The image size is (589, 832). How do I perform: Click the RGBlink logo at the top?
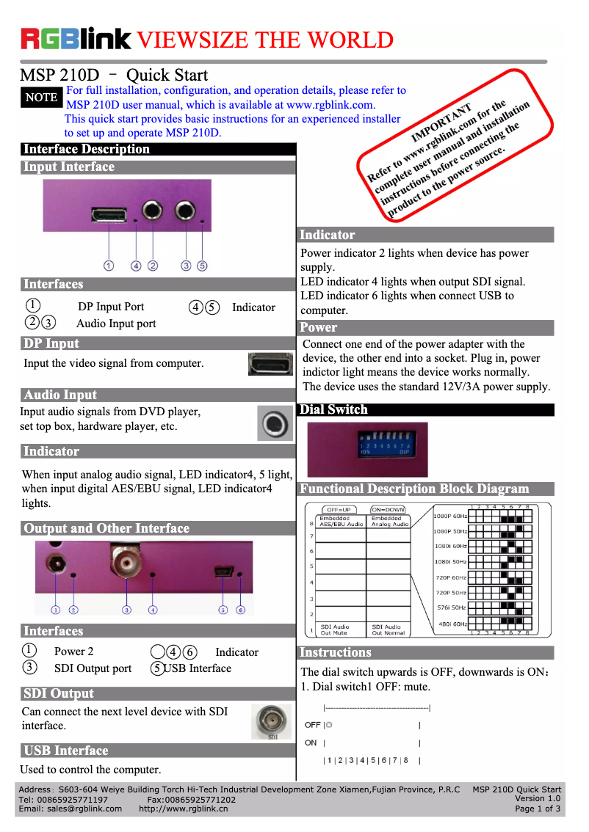pos(76,38)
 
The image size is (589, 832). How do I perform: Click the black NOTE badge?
pos(41,97)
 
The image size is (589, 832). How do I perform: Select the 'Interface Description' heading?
pos(87,149)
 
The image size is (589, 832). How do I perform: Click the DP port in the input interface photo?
pos(109,214)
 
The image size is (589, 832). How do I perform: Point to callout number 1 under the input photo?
pos(109,266)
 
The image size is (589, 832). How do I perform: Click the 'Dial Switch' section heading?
pos(333,409)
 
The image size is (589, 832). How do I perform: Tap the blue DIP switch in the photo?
pos(384,445)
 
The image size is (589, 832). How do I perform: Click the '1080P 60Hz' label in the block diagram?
pos(449,516)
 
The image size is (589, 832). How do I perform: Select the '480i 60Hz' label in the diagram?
pos(452,624)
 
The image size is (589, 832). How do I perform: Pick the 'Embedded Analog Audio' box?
pos(389,522)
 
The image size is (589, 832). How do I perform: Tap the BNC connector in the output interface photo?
pos(126,563)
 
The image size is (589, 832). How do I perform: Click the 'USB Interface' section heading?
pos(66,751)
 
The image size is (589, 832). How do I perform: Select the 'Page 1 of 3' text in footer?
pos(538,809)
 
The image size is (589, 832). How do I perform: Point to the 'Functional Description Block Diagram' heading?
pos(414,489)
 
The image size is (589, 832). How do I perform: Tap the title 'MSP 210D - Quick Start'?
pos(114,75)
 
